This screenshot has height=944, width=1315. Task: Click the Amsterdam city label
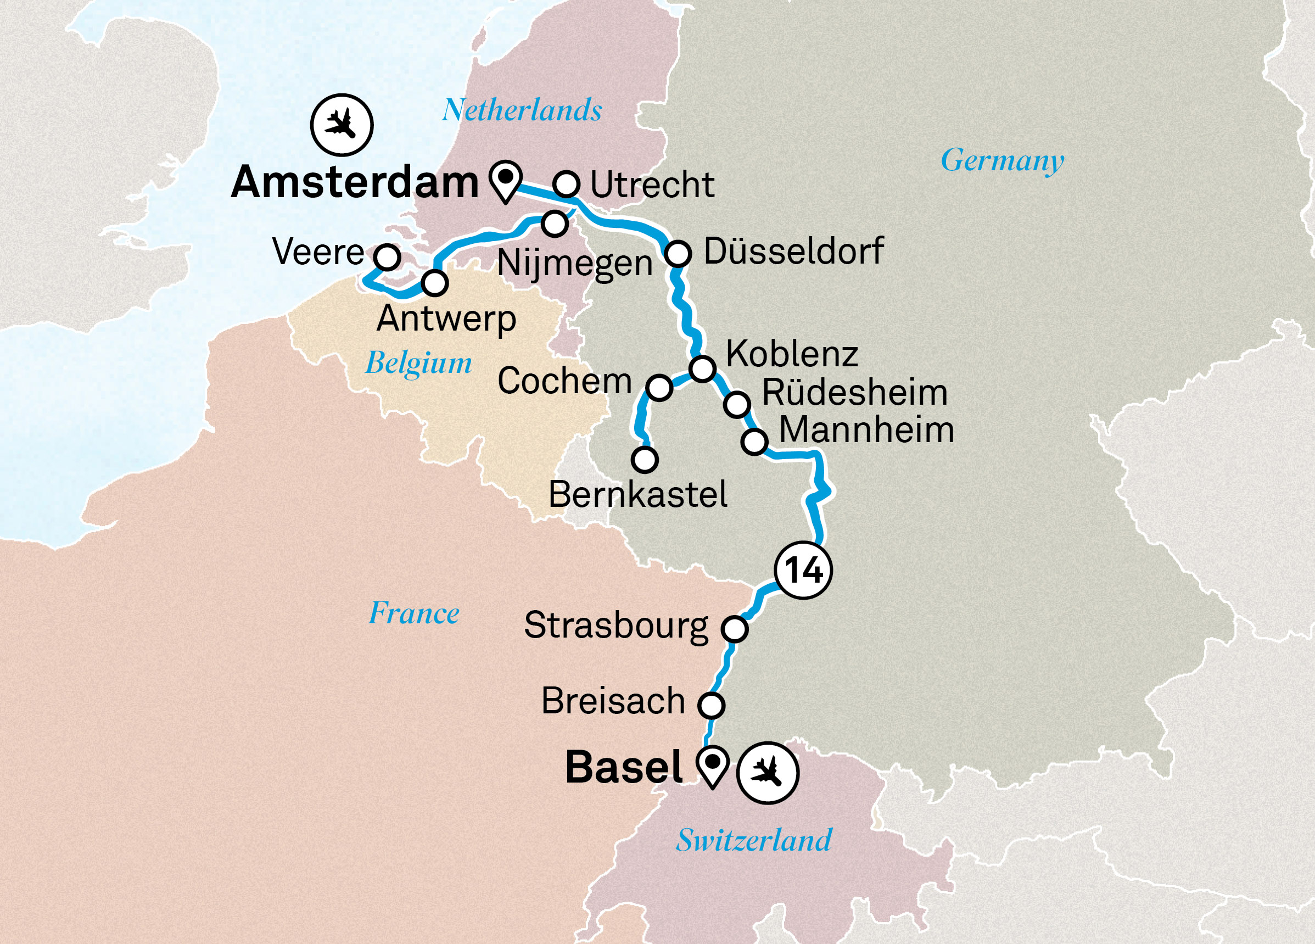click(354, 183)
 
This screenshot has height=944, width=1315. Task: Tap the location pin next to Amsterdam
click(506, 179)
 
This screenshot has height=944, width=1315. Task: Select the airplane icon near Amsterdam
click(342, 125)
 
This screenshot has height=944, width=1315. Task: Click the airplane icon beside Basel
click(768, 773)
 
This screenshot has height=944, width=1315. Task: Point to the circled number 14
click(803, 570)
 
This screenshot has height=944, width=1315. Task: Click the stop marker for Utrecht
click(566, 185)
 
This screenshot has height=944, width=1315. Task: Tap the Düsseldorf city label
click(793, 251)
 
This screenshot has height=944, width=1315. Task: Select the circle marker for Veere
click(387, 256)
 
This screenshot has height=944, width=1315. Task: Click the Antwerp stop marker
click(434, 283)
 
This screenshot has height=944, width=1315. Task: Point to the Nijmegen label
click(574, 264)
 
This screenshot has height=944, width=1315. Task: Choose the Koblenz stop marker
click(702, 367)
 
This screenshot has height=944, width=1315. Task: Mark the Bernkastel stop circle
click(644, 459)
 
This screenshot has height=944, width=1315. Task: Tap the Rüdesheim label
click(855, 393)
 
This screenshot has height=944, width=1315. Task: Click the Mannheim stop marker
click(754, 442)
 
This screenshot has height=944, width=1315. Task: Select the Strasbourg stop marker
click(734, 629)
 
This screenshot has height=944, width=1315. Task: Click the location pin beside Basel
click(712, 766)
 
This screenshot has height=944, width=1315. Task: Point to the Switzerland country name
click(753, 840)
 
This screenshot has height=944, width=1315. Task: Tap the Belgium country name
click(418, 364)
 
